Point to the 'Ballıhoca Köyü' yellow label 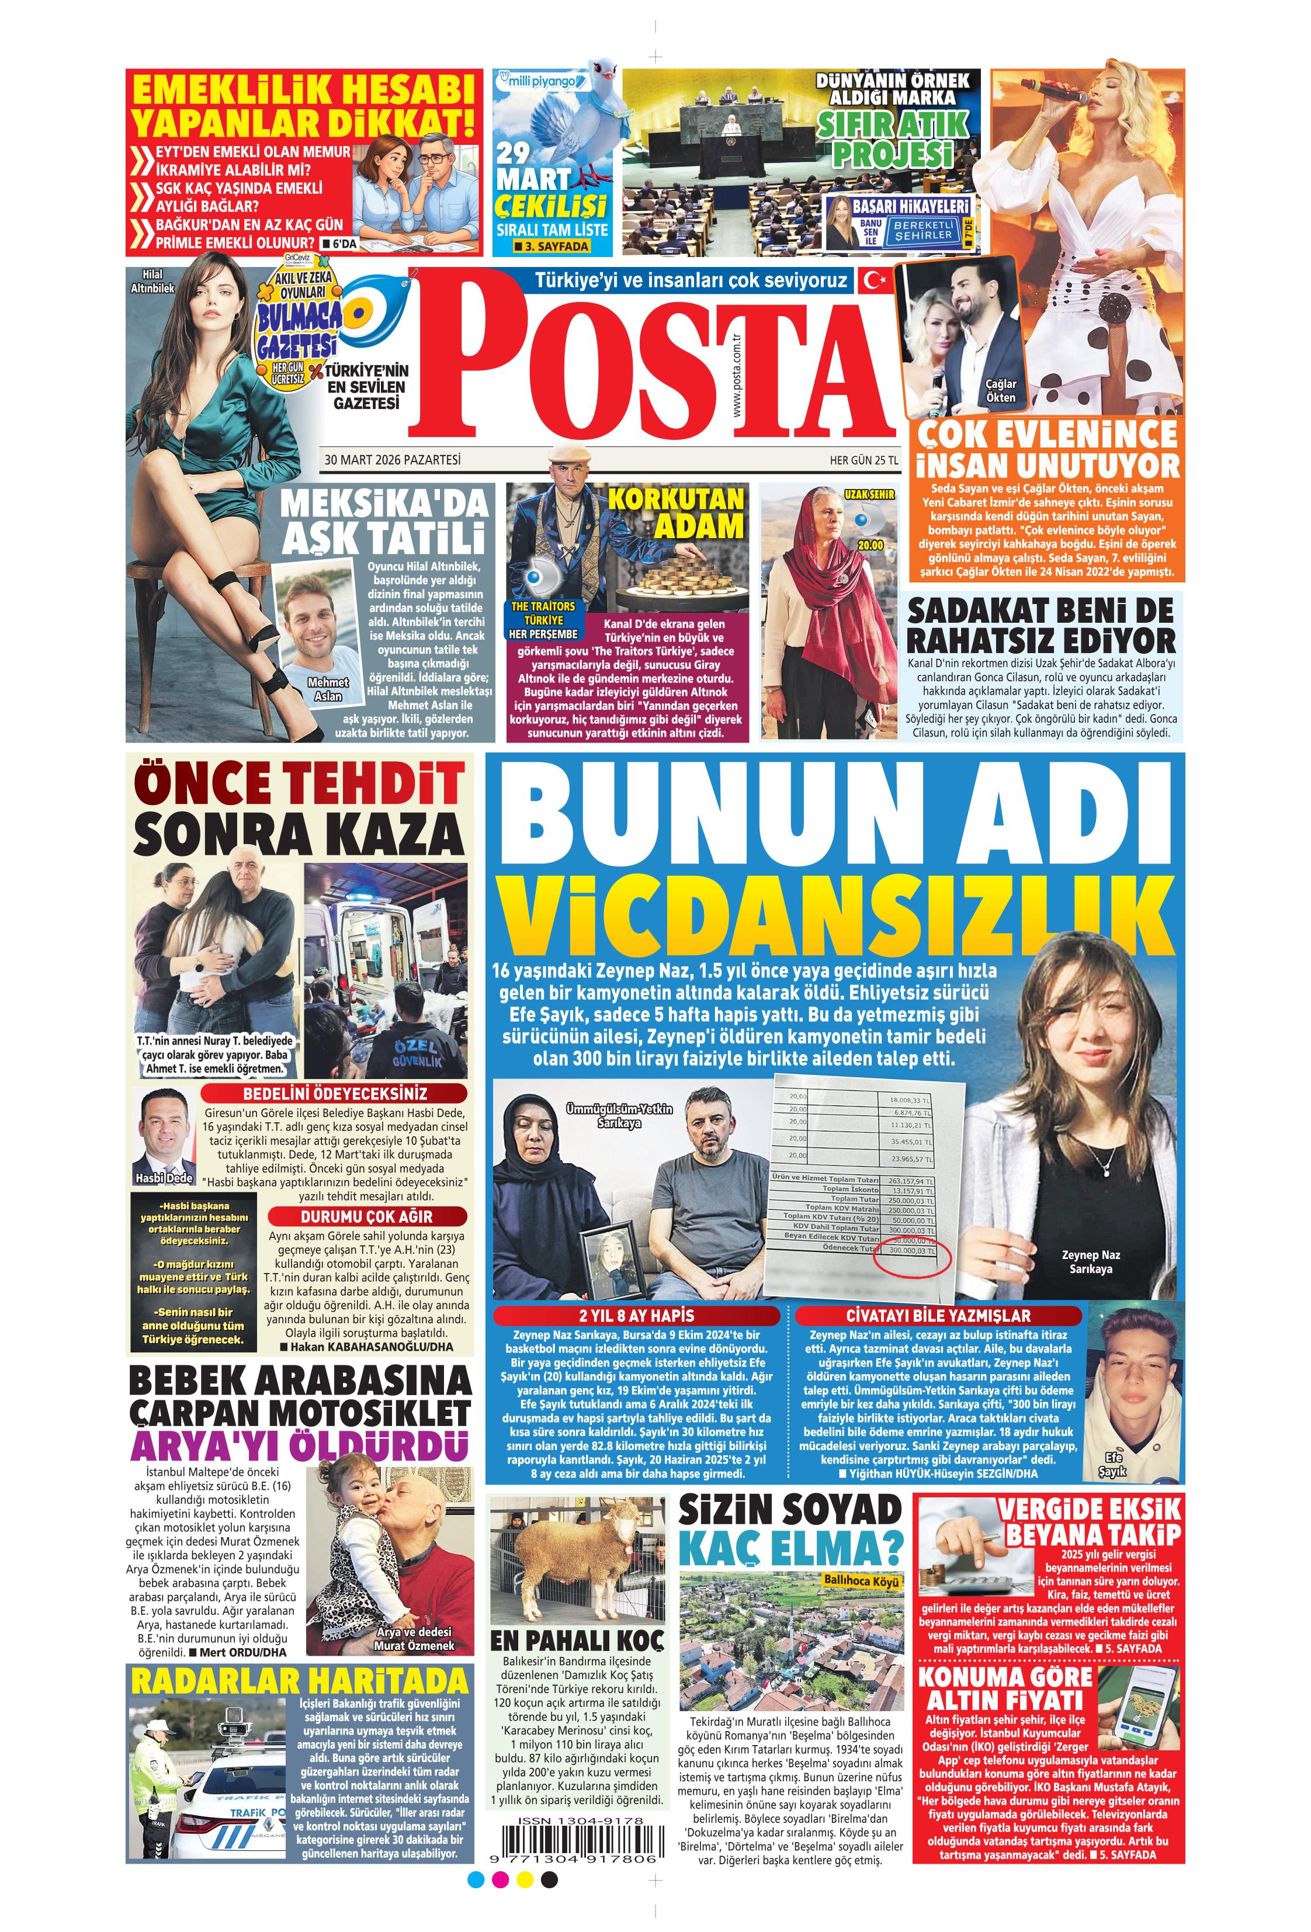point(861,1581)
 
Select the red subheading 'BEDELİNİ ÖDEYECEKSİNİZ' point(334,1094)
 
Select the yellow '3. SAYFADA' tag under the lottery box point(551,247)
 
